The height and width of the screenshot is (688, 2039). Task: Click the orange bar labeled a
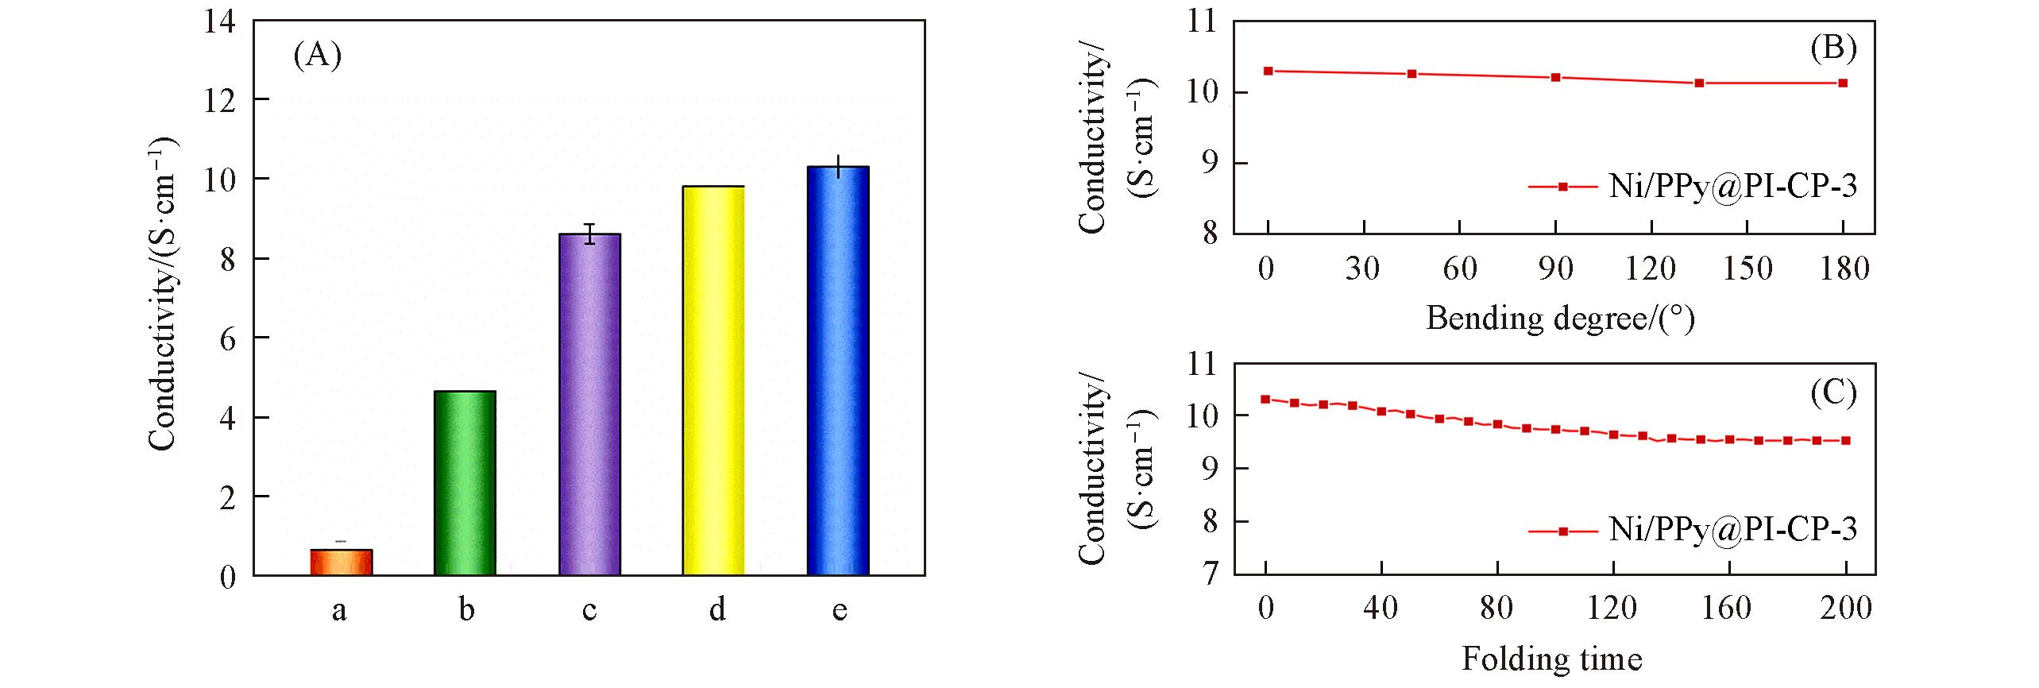click(341, 562)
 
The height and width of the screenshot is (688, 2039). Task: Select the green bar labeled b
click(465, 483)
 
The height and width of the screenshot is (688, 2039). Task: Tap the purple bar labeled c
click(589, 404)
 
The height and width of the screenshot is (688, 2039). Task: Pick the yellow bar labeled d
click(713, 381)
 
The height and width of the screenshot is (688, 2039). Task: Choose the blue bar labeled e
click(838, 371)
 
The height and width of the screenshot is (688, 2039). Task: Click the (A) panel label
click(318, 56)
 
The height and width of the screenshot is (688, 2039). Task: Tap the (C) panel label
click(1833, 392)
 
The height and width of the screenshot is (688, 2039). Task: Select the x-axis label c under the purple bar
click(589, 610)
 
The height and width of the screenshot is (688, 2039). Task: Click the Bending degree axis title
click(1560, 319)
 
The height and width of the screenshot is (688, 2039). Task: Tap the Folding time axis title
click(1552, 659)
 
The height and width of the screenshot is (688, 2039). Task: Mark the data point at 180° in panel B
click(1843, 83)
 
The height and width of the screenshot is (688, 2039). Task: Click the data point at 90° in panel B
click(1555, 78)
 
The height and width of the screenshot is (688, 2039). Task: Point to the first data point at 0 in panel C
click(1265, 400)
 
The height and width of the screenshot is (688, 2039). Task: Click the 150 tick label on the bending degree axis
click(1747, 269)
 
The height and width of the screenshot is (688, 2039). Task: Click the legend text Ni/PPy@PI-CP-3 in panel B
click(1733, 187)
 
